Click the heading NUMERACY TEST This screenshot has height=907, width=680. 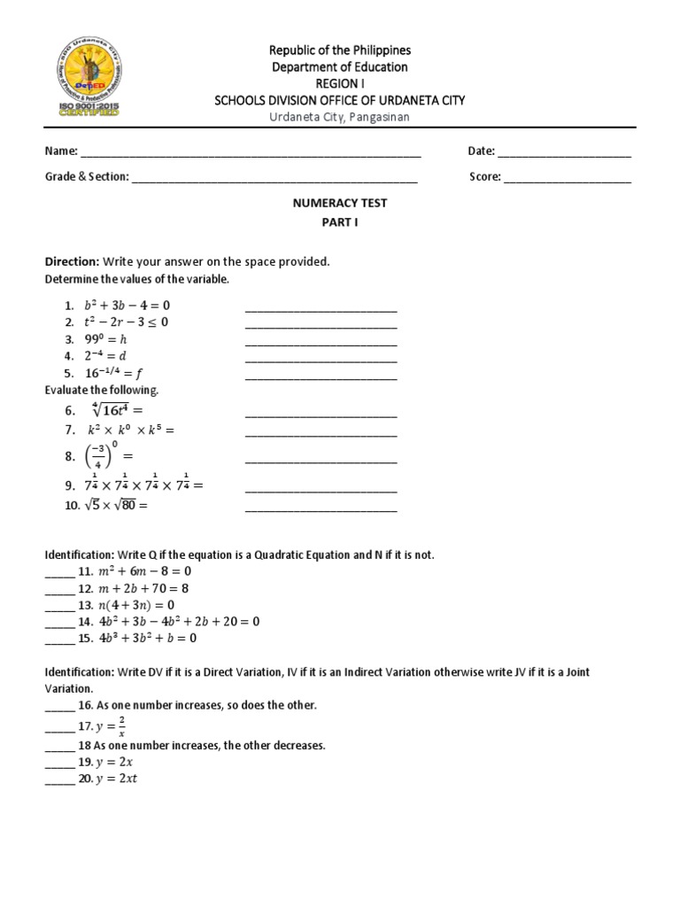click(x=340, y=203)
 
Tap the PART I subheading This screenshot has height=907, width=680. click(x=340, y=223)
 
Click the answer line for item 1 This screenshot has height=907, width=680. click(x=321, y=309)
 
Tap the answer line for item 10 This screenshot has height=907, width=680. click(x=321, y=508)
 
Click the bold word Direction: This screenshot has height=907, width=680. click(x=73, y=262)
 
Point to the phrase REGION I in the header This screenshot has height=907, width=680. click(x=340, y=84)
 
